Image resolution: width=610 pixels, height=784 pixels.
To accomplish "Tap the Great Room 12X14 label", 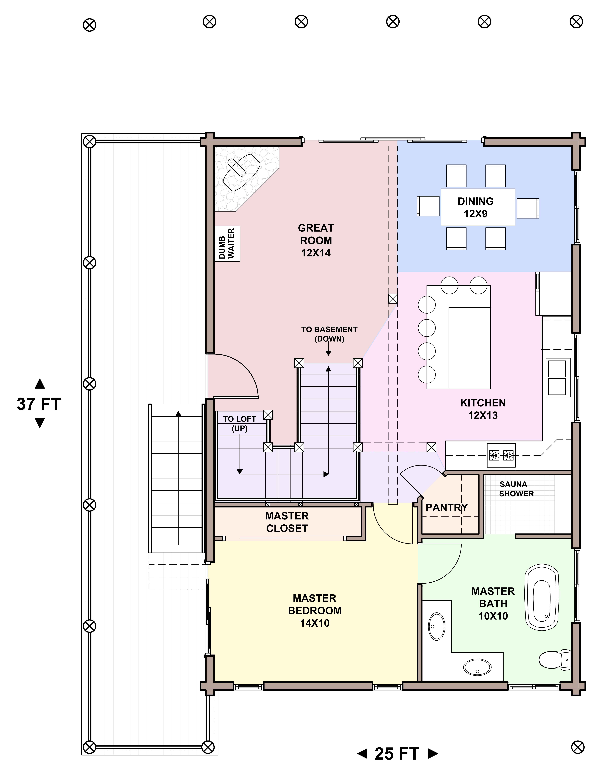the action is pos(316,241).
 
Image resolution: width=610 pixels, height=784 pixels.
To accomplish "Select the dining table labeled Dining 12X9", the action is pos(478,207).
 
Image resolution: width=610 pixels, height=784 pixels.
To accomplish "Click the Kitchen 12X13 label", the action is pos(483,409).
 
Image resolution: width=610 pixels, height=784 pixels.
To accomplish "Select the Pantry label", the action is pos(447,508).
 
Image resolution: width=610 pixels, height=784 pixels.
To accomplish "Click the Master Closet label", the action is pos(287,522).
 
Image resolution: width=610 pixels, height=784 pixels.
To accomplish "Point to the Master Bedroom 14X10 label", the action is pos(315,611).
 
